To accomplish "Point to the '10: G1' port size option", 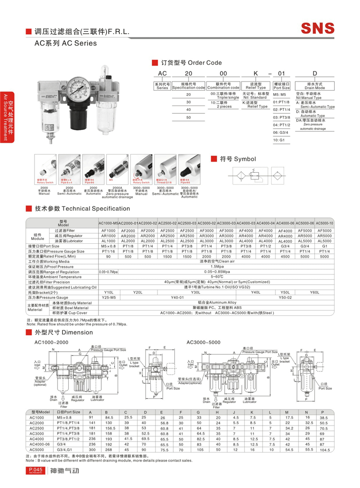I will click(x=279, y=140).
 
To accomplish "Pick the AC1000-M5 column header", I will click(x=108, y=224).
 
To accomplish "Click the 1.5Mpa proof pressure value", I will click(x=217, y=266).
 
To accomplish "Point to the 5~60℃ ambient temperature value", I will click(x=217, y=276).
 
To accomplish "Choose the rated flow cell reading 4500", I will click(x=285, y=256).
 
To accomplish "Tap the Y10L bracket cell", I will click(x=108, y=292).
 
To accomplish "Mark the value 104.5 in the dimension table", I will click(x=325, y=451).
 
